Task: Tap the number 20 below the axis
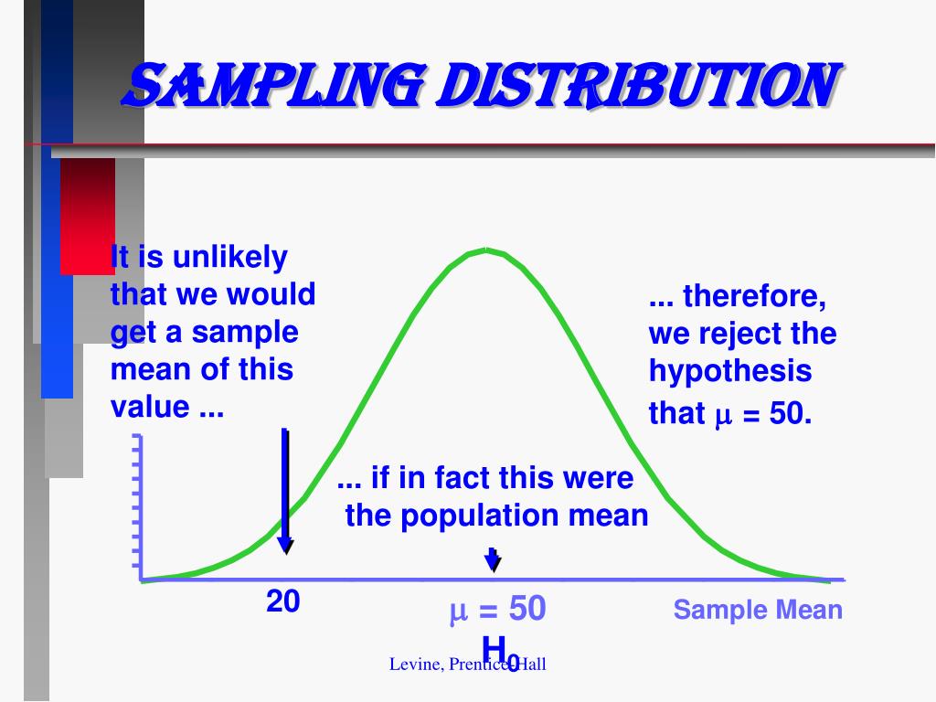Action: [x=283, y=601]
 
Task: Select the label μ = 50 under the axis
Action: [x=497, y=610]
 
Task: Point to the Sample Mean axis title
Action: [x=758, y=610]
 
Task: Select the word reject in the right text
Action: [x=739, y=334]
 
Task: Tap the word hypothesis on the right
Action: [x=729, y=371]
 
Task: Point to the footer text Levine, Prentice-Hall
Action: [x=467, y=665]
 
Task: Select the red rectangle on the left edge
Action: [x=88, y=216]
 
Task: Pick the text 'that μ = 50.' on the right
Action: [x=729, y=414]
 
